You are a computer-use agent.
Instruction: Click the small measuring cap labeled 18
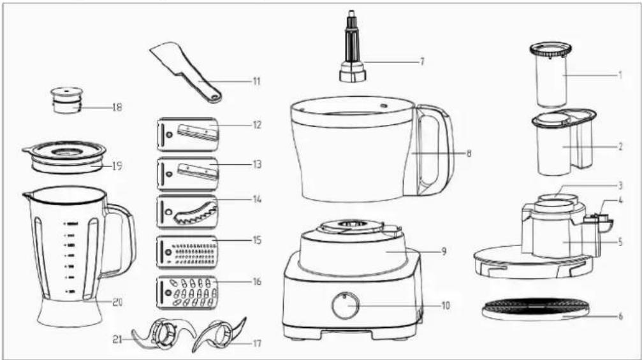pyautogui.click(x=67, y=101)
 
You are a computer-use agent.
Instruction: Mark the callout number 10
pyautogui.click(x=446, y=306)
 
